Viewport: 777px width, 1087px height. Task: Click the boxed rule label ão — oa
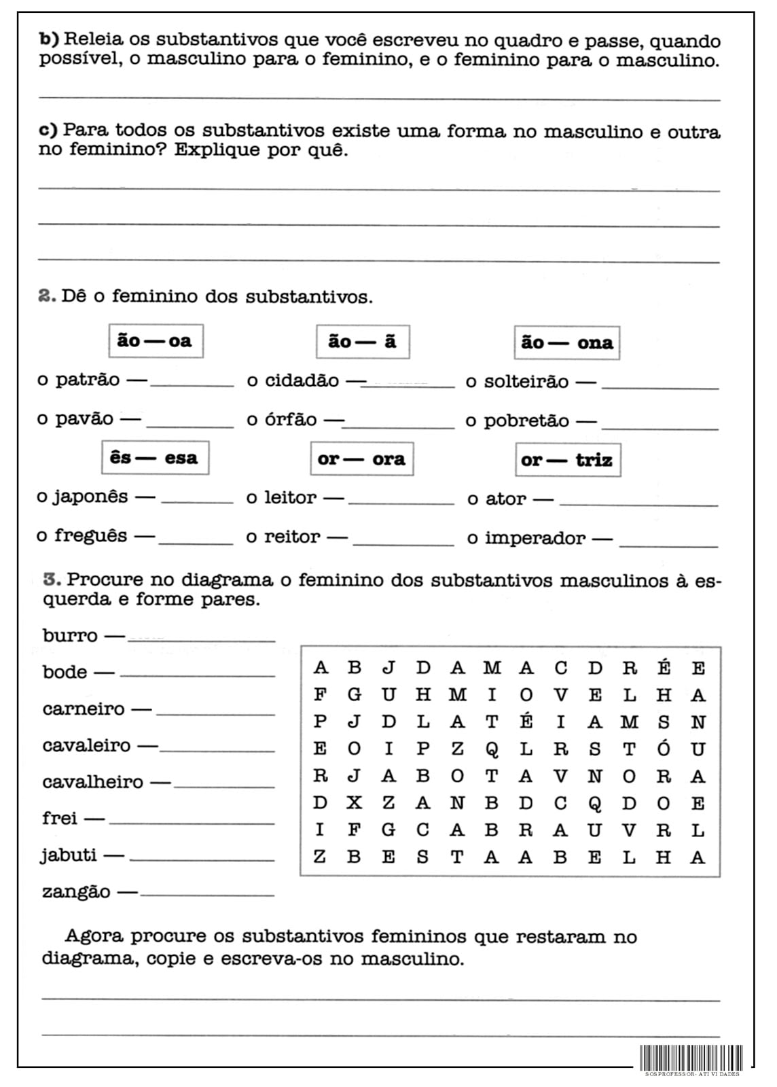coord(156,341)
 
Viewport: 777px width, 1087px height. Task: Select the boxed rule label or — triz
coord(567,460)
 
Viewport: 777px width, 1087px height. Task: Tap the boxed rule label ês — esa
coord(155,458)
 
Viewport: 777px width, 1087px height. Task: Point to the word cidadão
coord(302,380)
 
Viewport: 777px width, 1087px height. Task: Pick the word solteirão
coord(526,382)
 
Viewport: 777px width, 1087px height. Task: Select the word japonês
coord(90,497)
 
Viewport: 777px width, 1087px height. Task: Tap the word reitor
coord(291,537)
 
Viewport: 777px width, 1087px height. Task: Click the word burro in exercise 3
coord(70,636)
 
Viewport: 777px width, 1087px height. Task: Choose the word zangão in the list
coord(76,892)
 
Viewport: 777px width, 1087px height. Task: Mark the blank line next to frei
coord(192,823)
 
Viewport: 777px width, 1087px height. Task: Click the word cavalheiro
coord(92,782)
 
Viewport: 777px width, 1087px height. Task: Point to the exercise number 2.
coord(46,296)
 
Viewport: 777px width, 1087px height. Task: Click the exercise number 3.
coord(52,580)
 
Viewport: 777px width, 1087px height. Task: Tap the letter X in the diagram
coord(355,803)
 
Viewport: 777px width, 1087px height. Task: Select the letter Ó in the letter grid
coord(664,748)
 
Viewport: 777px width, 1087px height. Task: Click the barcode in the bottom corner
coord(691,1058)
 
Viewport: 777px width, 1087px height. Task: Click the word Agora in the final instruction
coord(94,936)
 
